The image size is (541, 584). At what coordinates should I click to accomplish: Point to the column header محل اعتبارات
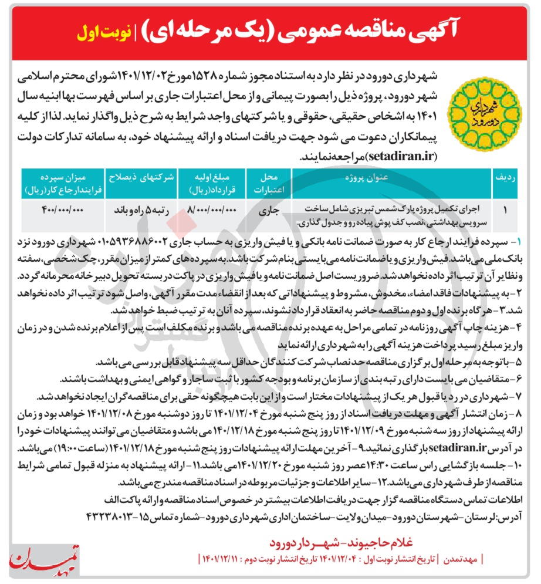[x=268, y=184]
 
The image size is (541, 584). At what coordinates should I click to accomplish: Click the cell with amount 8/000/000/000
[x=205, y=209]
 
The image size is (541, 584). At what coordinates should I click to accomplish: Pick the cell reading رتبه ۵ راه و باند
[x=136, y=210]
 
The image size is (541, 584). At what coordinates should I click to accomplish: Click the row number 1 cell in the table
[x=505, y=210]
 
